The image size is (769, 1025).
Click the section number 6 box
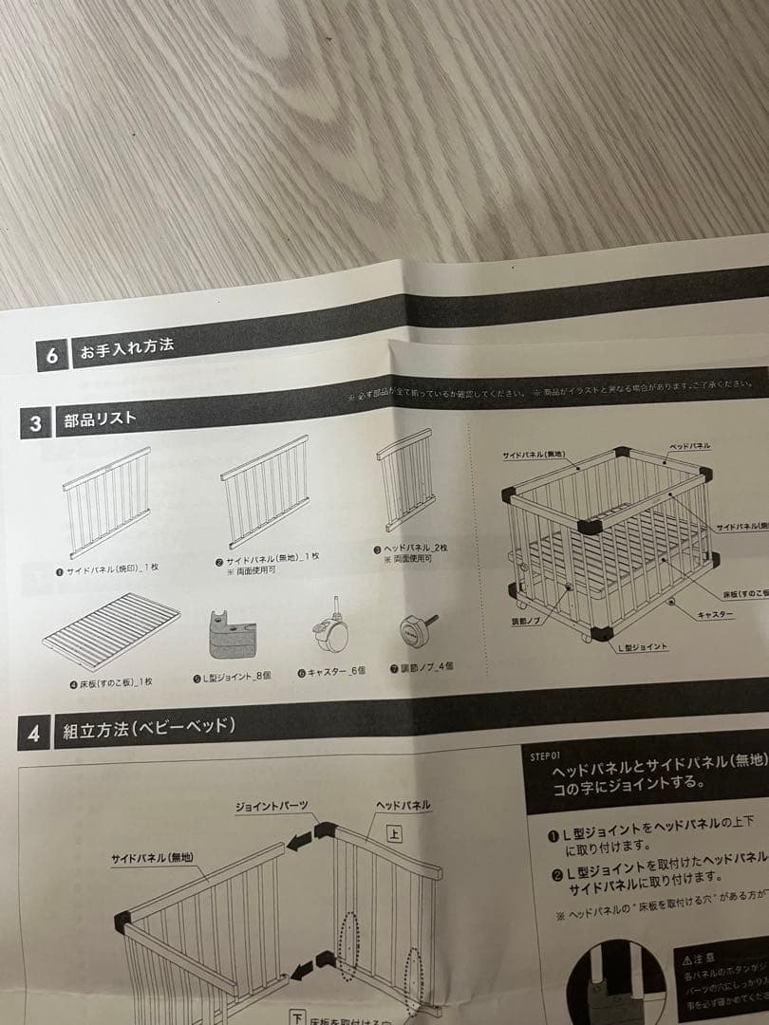point(52,356)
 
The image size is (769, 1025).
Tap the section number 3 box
point(35,423)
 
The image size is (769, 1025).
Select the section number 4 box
point(33,735)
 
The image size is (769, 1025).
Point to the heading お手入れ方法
point(127,347)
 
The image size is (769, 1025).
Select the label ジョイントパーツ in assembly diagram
point(272,807)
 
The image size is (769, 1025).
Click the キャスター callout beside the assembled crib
point(715,615)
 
